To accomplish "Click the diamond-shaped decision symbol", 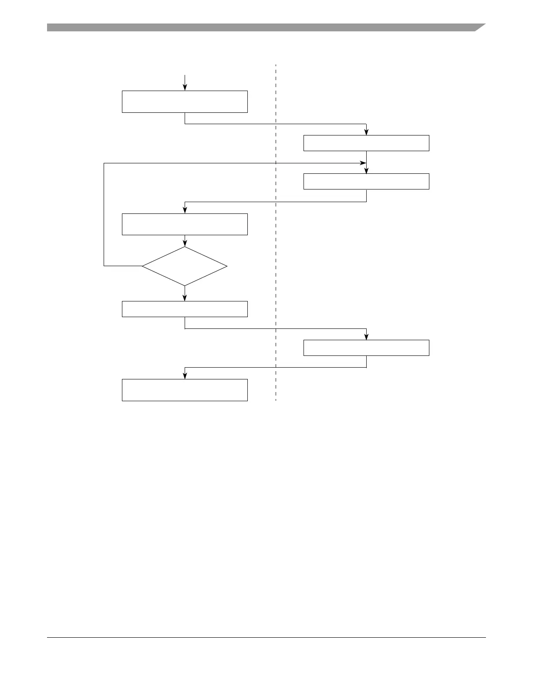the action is coord(185,266).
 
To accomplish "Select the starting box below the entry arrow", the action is coord(185,101).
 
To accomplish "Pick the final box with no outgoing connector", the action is coord(185,390).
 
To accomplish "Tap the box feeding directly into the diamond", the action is coord(185,224).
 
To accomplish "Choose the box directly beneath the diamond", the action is coord(185,309).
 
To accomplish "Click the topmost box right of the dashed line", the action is coord(366,143).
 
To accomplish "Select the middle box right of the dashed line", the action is coord(366,181).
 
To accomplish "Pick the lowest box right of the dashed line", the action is coord(366,348).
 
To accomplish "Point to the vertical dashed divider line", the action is coord(276,261).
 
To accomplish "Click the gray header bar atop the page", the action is coord(261,28).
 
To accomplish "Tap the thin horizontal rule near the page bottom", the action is coord(266,638).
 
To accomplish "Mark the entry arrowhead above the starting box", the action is coord(185,88).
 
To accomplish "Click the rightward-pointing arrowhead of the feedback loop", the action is coord(362,163).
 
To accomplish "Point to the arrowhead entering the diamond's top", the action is coord(185,244).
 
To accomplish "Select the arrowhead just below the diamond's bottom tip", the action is coord(185,298).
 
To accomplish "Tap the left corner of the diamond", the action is coord(143,266).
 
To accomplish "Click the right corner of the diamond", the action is coord(226,266).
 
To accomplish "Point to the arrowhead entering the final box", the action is coord(185,376).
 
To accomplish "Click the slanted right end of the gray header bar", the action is coord(480,27).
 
